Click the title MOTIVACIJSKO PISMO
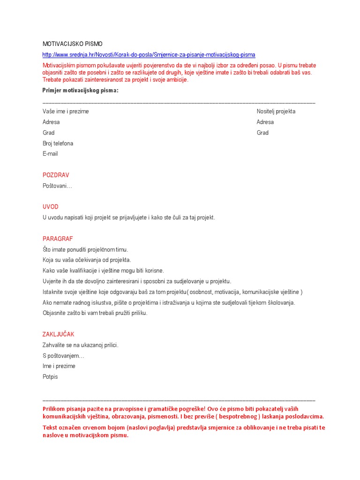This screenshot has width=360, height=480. tap(72, 44)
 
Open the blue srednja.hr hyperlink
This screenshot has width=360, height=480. tap(149, 55)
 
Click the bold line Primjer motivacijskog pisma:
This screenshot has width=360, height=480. tap(80, 90)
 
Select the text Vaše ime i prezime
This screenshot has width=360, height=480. tap(66, 112)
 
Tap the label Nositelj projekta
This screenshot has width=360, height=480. tap(276, 112)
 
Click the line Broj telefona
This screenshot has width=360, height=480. tap(58, 143)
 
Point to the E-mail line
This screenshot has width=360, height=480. tap(50, 154)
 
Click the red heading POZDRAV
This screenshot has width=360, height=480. tap(56, 175)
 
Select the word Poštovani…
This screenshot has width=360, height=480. tap(57, 186)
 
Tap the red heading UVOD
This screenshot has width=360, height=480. tap(51, 207)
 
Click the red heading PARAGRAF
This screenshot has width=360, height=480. tap(58, 239)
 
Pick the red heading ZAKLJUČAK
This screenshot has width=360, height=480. tap(59, 334)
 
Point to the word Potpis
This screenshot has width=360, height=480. tap(50, 377)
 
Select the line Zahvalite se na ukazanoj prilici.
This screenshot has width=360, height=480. tap(81, 345)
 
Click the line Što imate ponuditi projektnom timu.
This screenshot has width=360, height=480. tap(85, 249)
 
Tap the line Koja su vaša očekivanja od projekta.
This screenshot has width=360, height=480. tap(87, 260)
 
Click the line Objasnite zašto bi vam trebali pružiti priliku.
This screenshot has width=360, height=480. tap(95, 313)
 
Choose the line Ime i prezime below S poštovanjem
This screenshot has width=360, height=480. tap(59, 366)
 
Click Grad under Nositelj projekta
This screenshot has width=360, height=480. tap(262, 133)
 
